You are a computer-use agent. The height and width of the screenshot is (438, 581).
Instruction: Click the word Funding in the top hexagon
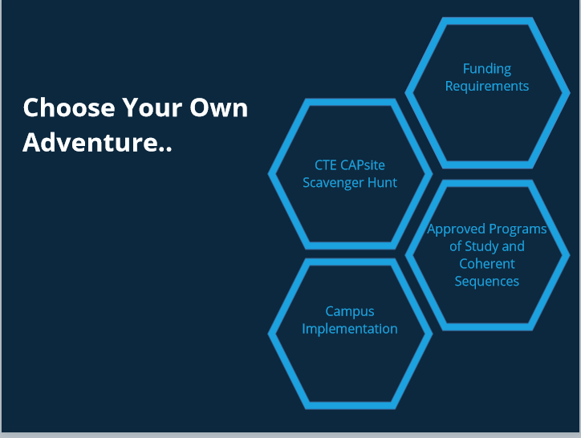[487, 69]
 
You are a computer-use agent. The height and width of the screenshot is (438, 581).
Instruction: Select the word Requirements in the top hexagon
[487, 86]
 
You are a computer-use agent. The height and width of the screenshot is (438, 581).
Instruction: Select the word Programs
[518, 229]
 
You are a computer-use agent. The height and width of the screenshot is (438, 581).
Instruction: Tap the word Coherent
[487, 264]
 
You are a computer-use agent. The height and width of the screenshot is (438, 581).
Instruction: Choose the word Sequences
[487, 281]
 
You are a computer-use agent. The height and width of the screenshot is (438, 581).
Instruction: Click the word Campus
[350, 311]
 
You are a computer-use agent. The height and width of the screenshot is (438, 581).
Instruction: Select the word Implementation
[350, 329]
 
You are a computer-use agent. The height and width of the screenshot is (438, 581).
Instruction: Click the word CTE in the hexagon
[326, 165]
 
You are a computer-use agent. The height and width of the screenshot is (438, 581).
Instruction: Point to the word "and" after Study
[514, 246]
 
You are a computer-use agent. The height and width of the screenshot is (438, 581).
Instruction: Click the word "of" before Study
[455, 246]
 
